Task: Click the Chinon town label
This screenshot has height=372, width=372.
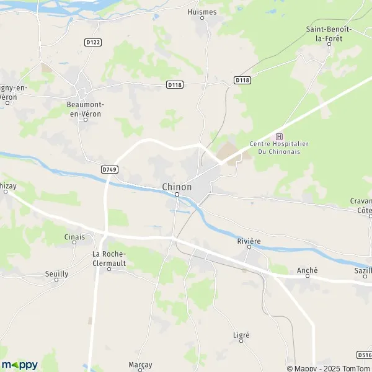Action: coord(177,186)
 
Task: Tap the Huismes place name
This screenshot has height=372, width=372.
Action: coord(203,11)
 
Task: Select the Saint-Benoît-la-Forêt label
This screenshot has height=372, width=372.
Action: coord(329,33)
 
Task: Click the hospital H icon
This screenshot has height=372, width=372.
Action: coord(279,136)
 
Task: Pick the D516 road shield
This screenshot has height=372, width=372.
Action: coord(365,355)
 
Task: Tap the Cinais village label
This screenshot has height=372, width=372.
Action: coord(74,237)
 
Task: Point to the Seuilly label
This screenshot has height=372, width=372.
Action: coord(56,273)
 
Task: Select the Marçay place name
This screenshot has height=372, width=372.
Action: coord(140,365)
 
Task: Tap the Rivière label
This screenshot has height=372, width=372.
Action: coord(248,241)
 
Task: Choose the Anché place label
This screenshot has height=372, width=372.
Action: coord(307,270)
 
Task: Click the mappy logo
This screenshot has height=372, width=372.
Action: coord(20,365)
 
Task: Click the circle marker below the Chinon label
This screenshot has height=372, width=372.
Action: coord(177,195)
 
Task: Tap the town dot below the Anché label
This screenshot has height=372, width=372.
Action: coord(307,277)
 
